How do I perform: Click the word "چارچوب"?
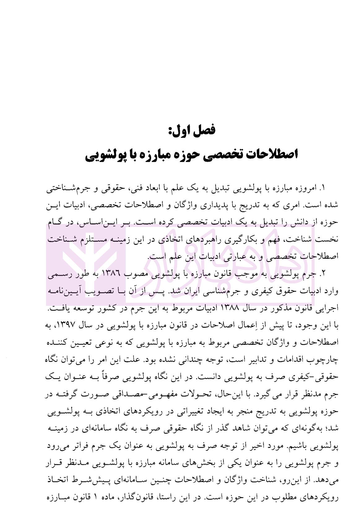tap(327, 360)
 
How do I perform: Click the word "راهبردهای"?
tap(219, 239)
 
